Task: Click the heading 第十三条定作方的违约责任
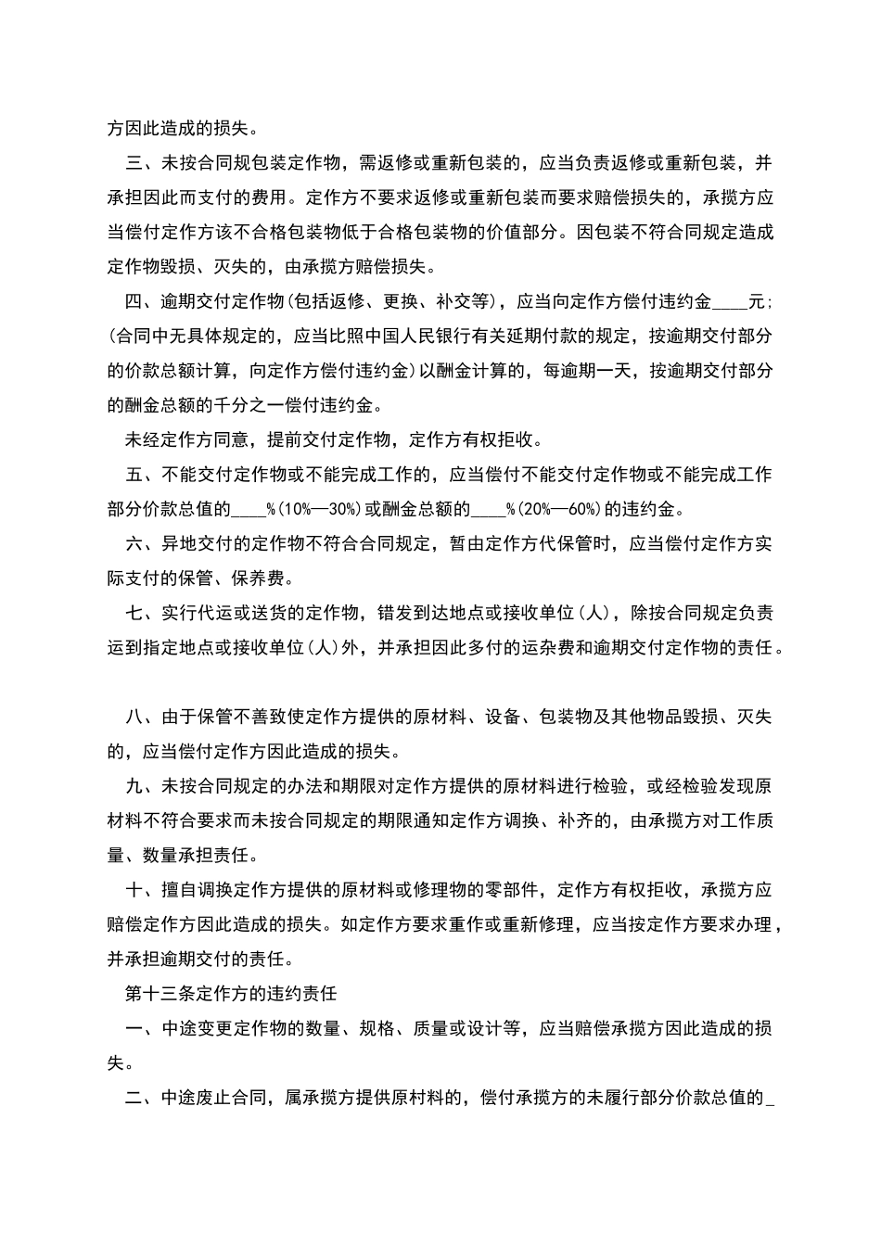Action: tap(231, 994)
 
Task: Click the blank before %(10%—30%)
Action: tap(248, 509)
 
